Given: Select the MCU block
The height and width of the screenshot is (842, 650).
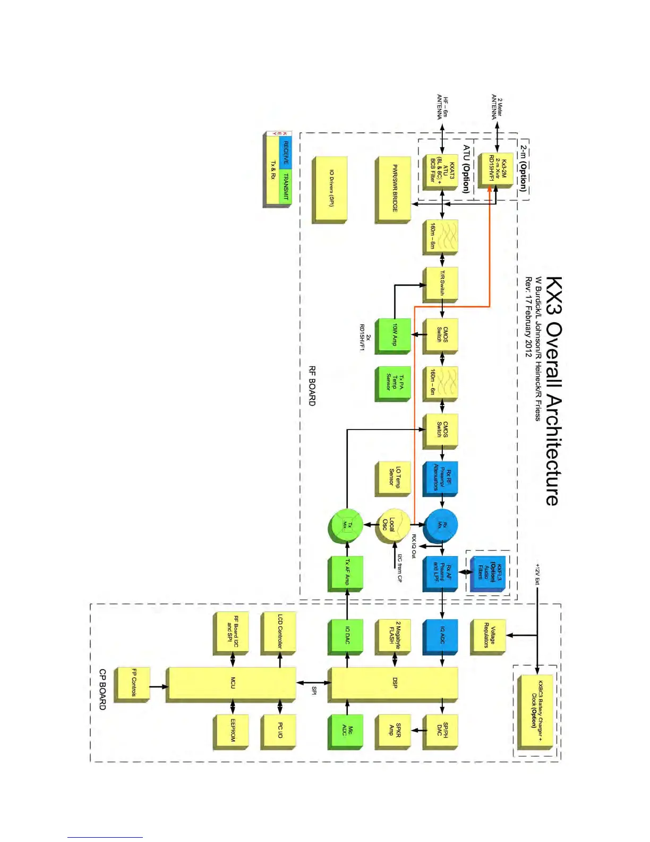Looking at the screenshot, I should pyautogui.click(x=232, y=683).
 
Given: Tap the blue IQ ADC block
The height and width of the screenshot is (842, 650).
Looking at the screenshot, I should pyautogui.click(x=441, y=635).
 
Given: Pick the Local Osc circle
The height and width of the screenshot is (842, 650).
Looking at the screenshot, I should pyautogui.click(x=392, y=525).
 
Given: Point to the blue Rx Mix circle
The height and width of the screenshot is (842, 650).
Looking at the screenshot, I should pyautogui.click(x=441, y=525).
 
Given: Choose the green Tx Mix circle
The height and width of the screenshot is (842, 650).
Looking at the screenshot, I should pyautogui.click(x=346, y=525).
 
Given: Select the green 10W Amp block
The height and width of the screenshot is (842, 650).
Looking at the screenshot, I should pyautogui.click(x=394, y=335).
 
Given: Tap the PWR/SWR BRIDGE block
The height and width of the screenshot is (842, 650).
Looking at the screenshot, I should pyautogui.click(x=394, y=189).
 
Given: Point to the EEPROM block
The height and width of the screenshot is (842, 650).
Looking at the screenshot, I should pyautogui.click(x=232, y=730).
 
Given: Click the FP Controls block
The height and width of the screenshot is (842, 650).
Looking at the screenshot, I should pyautogui.click(x=133, y=684).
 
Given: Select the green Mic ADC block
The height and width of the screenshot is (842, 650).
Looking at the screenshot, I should pyautogui.click(x=346, y=730).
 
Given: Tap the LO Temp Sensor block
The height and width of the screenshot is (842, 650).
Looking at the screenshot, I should pyautogui.click(x=394, y=477).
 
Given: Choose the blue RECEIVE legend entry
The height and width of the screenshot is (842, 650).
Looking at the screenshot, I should pyautogui.click(x=285, y=153).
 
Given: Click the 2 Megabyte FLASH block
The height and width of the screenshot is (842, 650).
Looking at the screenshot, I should pyautogui.click(x=394, y=635).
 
